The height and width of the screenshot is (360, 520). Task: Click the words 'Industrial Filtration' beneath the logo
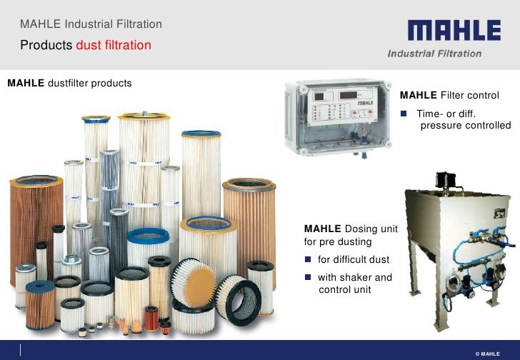tap(434, 54)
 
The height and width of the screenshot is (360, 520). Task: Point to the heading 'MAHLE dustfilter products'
tap(69, 83)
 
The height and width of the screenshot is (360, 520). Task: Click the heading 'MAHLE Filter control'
tap(449, 95)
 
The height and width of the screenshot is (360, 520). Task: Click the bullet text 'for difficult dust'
tap(353, 259)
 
